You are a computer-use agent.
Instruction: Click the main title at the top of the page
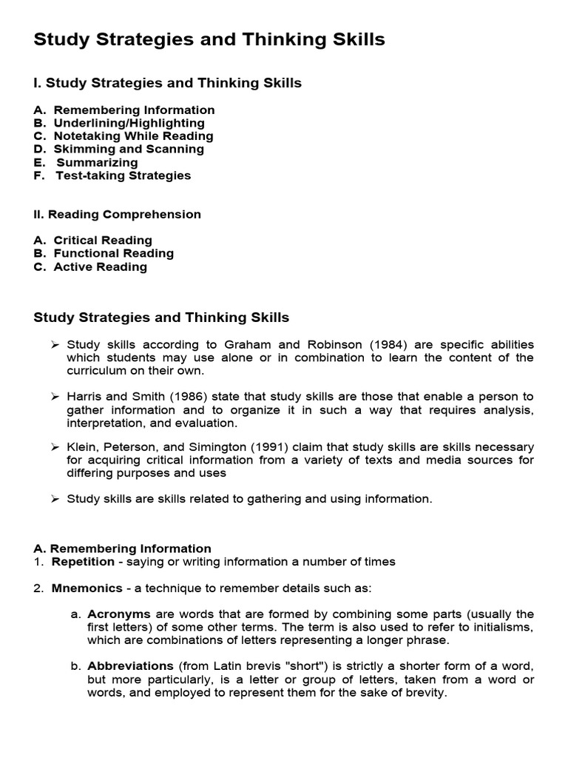[x=209, y=40]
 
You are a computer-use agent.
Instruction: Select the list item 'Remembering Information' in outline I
[x=134, y=110]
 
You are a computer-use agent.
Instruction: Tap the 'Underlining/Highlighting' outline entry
[x=129, y=123]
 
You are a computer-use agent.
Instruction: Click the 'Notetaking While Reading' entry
[x=133, y=136]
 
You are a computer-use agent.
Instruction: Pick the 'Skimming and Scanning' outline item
[x=129, y=149]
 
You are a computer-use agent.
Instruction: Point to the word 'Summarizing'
[x=97, y=162]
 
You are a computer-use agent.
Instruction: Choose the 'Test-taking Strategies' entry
[x=123, y=175]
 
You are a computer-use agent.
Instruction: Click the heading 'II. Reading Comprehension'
[x=118, y=215]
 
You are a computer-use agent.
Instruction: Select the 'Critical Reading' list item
[x=103, y=241]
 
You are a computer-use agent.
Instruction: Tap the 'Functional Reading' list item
[x=113, y=253]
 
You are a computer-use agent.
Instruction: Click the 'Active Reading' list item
[x=100, y=266]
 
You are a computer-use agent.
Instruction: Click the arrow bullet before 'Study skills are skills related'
[x=55, y=499]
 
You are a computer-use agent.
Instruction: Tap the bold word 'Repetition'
[x=83, y=562]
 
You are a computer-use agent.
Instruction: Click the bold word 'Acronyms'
[x=119, y=614]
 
